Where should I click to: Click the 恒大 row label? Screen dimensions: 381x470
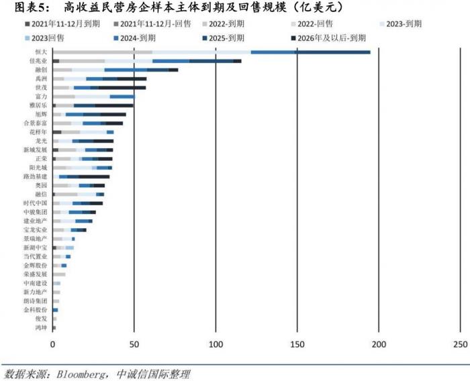coord(41,52)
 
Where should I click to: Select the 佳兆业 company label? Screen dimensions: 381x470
coord(38,60)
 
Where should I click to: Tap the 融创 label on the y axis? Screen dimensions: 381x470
coord(41,69)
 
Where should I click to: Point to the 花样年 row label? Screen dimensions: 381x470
coord(38,132)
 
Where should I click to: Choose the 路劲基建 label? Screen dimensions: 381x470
coord(36,176)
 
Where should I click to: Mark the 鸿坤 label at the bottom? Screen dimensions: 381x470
coord(41,327)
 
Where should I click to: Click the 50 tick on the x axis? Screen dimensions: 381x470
coord(134,345)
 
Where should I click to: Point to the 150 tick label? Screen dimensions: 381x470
coord(297,345)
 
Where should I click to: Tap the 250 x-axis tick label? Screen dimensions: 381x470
coord(461,345)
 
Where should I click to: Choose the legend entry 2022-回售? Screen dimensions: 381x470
coord(312,23)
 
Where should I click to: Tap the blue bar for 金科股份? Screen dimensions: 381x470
coord(55,310)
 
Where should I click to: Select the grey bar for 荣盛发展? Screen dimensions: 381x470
coord(59,274)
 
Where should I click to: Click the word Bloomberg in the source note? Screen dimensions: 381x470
coord(74,374)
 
